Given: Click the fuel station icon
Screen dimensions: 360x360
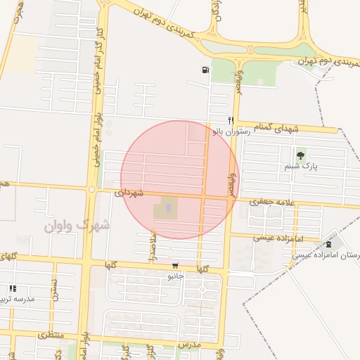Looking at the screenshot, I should click(205, 70).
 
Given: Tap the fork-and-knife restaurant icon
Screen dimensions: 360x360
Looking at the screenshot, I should click(230, 120).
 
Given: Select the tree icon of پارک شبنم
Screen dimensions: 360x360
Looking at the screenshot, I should click(301, 155).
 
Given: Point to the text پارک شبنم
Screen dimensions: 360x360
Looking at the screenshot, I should click(301, 168).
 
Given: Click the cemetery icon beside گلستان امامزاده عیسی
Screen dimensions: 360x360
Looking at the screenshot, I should click(330, 243).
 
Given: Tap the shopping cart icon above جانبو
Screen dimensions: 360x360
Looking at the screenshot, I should click(175, 266).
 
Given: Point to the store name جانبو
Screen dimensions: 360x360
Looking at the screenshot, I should click(175, 276).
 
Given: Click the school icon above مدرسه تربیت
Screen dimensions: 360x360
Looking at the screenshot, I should click(12, 288).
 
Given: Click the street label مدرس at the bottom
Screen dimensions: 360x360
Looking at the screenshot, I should click(189, 346).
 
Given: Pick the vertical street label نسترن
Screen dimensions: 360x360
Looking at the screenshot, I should click(53, 290).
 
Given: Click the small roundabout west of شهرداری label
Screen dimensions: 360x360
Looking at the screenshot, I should click(91, 189).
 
